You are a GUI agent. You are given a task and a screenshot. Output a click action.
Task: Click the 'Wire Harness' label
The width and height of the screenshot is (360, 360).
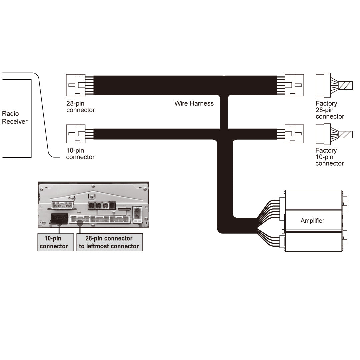[x=194, y=103]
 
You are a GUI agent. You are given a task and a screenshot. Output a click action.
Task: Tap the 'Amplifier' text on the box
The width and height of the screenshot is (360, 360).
[x=312, y=221]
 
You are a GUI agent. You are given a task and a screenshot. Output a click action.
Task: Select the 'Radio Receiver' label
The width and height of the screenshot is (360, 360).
[x=15, y=118]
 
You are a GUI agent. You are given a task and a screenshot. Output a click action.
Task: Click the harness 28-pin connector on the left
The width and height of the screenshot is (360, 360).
[x=76, y=85]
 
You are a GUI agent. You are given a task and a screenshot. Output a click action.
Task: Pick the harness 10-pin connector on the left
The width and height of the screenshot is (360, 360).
[x=76, y=134]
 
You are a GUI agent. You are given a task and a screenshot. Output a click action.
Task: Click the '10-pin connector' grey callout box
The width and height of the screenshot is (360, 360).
[x=55, y=242]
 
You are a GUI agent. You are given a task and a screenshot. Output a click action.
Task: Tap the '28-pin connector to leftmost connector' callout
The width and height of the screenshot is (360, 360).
[x=109, y=242]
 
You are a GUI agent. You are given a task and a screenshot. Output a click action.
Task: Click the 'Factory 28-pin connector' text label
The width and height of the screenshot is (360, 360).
[x=330, y=110]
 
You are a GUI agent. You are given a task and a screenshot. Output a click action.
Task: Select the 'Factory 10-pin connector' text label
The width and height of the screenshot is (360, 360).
[x=329, y=157]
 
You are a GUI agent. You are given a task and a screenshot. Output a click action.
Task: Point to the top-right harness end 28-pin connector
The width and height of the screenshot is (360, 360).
[x=294, y=85]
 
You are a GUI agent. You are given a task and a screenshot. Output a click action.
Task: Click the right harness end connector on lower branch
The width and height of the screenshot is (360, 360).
[x=294, y=134]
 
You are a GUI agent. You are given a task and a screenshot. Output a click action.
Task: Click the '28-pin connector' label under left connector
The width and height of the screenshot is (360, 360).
[x=80, y=107]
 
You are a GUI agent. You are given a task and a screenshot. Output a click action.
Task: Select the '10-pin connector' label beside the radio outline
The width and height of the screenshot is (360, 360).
[x=80, y=154]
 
